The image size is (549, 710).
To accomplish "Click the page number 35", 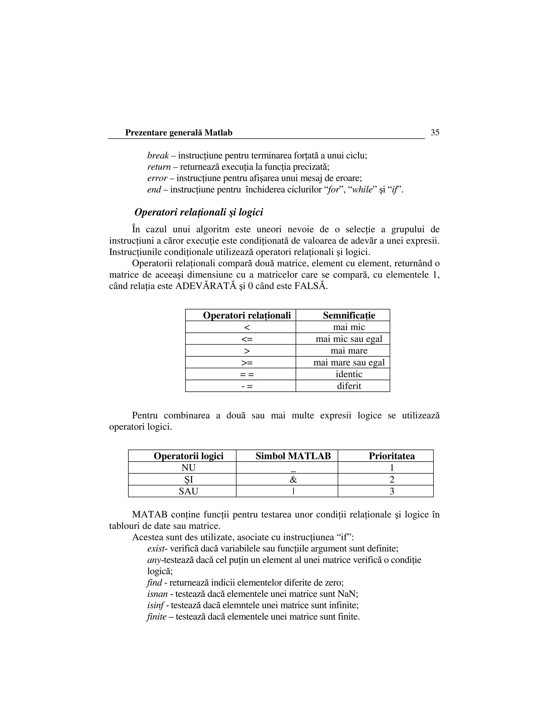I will point(435,132).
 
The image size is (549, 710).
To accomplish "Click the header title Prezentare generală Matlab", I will point(179,133).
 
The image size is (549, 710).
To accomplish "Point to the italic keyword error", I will point(157,178).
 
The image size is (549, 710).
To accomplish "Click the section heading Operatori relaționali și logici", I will point(198,212).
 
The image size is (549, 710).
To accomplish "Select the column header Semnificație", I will point(349,315).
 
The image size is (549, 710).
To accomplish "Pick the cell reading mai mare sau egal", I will point(349,362).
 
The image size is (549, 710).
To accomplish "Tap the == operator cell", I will point(247,374).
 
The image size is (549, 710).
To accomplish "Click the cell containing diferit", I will point(349,386).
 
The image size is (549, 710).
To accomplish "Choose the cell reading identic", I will point(349,374).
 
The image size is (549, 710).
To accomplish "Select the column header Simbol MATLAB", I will point(293,456).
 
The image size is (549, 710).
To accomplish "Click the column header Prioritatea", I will point(392,456).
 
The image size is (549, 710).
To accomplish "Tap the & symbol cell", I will point(293,480).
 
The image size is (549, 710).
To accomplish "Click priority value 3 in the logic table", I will point(392,491).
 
